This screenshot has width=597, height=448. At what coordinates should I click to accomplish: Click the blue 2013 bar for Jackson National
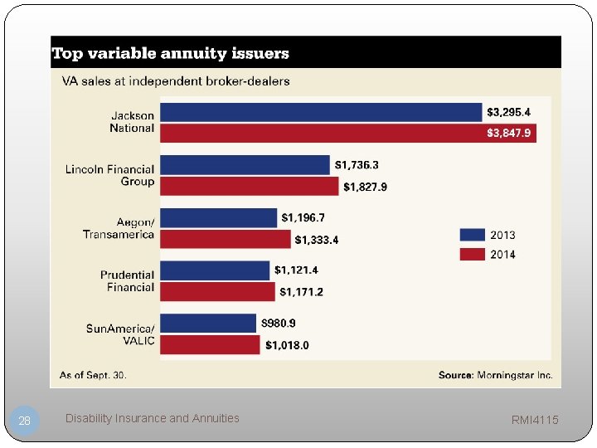(321, 112)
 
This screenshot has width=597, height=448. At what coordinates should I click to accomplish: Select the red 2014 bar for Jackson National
(347, 133)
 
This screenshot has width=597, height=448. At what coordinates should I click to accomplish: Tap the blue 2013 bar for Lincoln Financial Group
(245, 165)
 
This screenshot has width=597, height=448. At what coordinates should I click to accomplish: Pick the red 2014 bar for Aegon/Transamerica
(226, 239)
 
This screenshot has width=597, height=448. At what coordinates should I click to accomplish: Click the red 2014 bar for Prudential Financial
(217, 291)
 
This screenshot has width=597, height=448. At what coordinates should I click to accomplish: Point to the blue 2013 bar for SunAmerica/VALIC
(208, 323)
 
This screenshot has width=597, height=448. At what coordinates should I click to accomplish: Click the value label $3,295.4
(509, 112)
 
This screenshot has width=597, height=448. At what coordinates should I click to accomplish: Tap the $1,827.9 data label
(365, 187)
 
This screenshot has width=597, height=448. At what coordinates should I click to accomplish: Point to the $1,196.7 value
(303, 217)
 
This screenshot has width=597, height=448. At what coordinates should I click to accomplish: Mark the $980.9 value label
(279, 323)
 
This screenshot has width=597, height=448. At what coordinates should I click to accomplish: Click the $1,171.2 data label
(301, 292)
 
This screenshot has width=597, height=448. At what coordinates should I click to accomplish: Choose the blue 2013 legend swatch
(472, 235)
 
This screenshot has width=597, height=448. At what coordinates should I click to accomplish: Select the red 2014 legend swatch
(472, 254)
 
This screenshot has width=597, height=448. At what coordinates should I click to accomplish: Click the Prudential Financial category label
(127, 281)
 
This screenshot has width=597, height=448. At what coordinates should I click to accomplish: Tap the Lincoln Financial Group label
(109, 175)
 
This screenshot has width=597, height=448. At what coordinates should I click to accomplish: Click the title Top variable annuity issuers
(171, 54)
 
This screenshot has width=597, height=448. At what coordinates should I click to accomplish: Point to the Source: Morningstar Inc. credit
(495, 375)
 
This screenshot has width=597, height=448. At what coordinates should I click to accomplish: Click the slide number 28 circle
(25, 421)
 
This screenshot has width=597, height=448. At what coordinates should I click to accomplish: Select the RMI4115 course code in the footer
(535, 421)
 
